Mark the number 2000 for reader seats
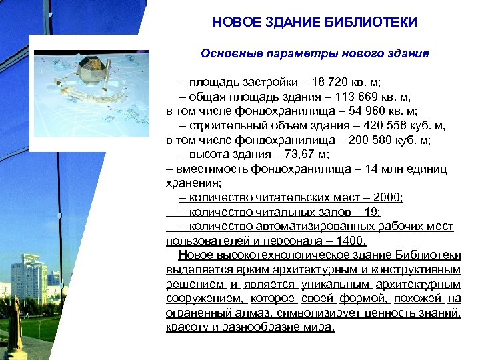coord(388,197)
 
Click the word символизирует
coord(314,313)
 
